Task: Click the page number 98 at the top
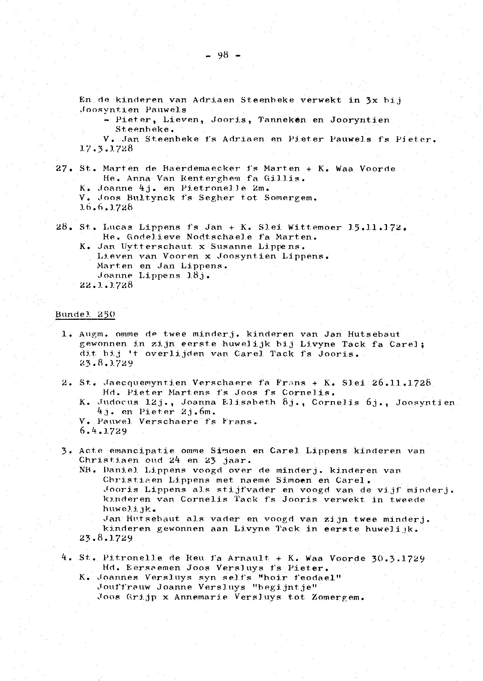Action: pos(223,55)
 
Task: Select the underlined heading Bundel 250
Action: pos(85,315)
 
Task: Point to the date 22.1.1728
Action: pos(106,285)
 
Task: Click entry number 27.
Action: pos(62,169)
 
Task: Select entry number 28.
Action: pos(62,227)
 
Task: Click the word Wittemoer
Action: pos(314,227)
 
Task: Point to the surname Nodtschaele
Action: pos(219,237)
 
